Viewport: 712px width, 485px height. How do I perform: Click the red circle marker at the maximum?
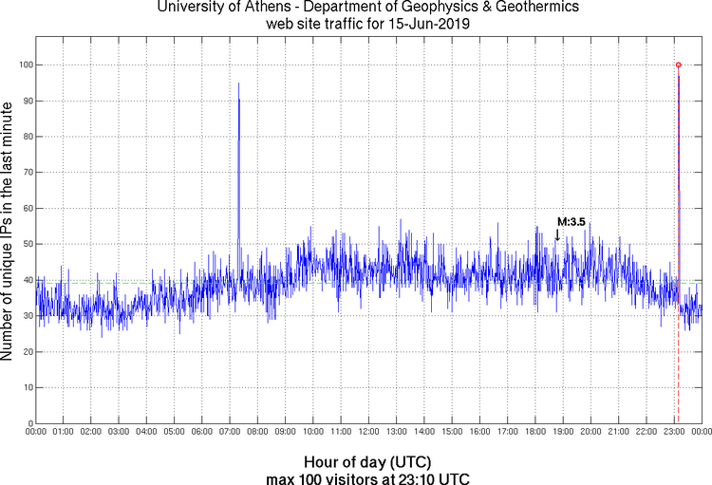click(678, 65)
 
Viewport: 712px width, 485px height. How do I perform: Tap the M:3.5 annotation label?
click(571, 221)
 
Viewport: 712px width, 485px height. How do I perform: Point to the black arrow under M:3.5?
click(557, 234)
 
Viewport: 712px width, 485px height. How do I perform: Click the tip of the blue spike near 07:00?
click(238, 84)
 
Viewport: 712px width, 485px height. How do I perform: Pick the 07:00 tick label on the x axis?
click(230, 433)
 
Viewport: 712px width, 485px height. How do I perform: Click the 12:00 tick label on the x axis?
click(368, 433)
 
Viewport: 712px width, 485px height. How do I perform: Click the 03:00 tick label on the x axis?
click(119, 433)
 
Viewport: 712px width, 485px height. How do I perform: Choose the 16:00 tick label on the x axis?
click(479, 433)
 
